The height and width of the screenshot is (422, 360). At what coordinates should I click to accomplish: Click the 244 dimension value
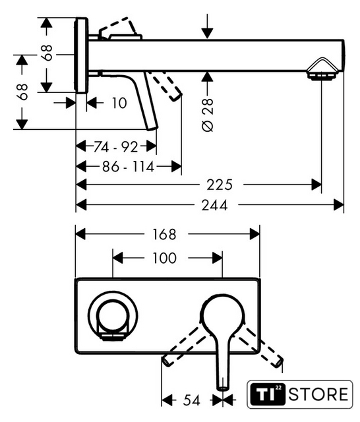click(214, 205)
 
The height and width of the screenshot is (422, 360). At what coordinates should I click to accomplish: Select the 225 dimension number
click(220, 185)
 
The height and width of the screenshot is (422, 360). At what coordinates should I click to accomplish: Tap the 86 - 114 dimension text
click(128, 167)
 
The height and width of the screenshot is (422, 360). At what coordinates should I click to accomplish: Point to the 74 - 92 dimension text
click(115, 147)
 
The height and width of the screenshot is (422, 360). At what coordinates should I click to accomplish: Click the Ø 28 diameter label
click(208, 115)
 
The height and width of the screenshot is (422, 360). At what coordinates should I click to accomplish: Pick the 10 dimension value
click(119, 103)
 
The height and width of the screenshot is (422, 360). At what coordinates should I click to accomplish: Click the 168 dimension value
click(164, 235)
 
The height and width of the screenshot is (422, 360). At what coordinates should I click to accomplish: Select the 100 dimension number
click(164, 258)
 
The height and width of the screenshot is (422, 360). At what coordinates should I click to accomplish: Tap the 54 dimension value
click(192, 400)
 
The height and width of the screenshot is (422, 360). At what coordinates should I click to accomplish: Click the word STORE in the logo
click(318, 394)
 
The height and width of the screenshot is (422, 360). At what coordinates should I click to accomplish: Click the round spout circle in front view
click(113, 315)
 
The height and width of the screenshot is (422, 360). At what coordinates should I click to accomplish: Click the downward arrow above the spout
click(207, 26)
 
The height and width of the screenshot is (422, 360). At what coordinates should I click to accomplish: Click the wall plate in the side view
click(81, 55)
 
